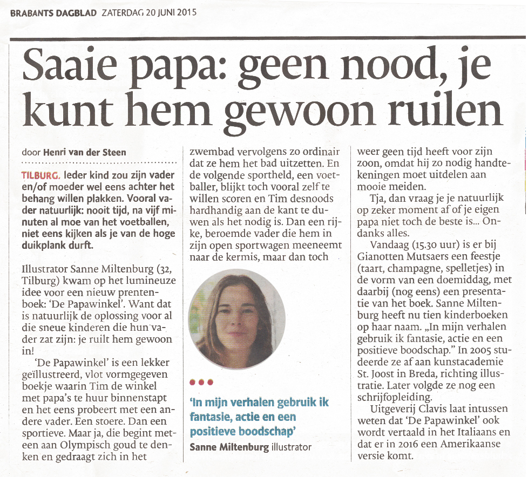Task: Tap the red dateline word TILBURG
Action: [x=40, y=176]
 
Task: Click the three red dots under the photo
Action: [x=201, y=383]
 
